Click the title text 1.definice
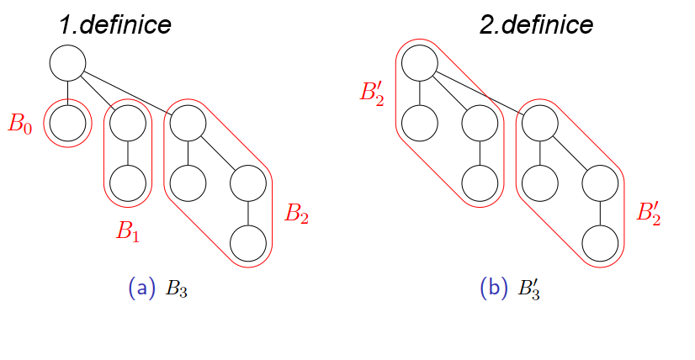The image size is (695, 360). pyautogui.click(x=115, y=24)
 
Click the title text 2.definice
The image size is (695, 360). pyautogui.click(x=536, y=24)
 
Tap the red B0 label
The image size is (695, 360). pyautogui.click(x=20, y=124)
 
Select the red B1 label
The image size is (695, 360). pyautogui.click(x=128, y=231)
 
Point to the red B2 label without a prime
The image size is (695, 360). pyautogui.click(x=296, y=214)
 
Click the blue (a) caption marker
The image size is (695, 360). pyautogui.click(x=142, y=289)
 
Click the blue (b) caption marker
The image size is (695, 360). pyautogui.click(x=494, y=289)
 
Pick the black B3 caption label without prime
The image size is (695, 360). pyautogui.click(x=177, y=289)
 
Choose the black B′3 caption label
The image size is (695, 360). pyautogui.click(x=528, y=289)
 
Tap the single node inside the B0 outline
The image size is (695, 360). pyautogui.click(x=67, y=124)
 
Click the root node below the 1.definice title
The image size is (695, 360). pyautogui.click(x=67, y=63)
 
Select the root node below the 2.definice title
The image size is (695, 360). pyautogui.click(x=419, y=63)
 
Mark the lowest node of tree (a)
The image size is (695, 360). pyautogui.click(x=248, y=243)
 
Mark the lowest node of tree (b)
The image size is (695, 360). pyautogui.click(x=600, y=243)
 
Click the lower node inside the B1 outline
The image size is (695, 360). pyautogui.click(x=128, y=183)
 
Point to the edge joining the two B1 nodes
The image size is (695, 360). pyautogui.click(x=128, y=153)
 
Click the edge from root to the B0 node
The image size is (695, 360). pyautogui.click(x=67, y=93)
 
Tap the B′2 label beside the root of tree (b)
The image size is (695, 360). pyautogui.click(x=372, y=93)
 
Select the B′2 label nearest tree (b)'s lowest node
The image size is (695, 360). pyautogui.click(x=649, y=214)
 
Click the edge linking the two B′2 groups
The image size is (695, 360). pyautogui.click(x=480, y=93)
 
